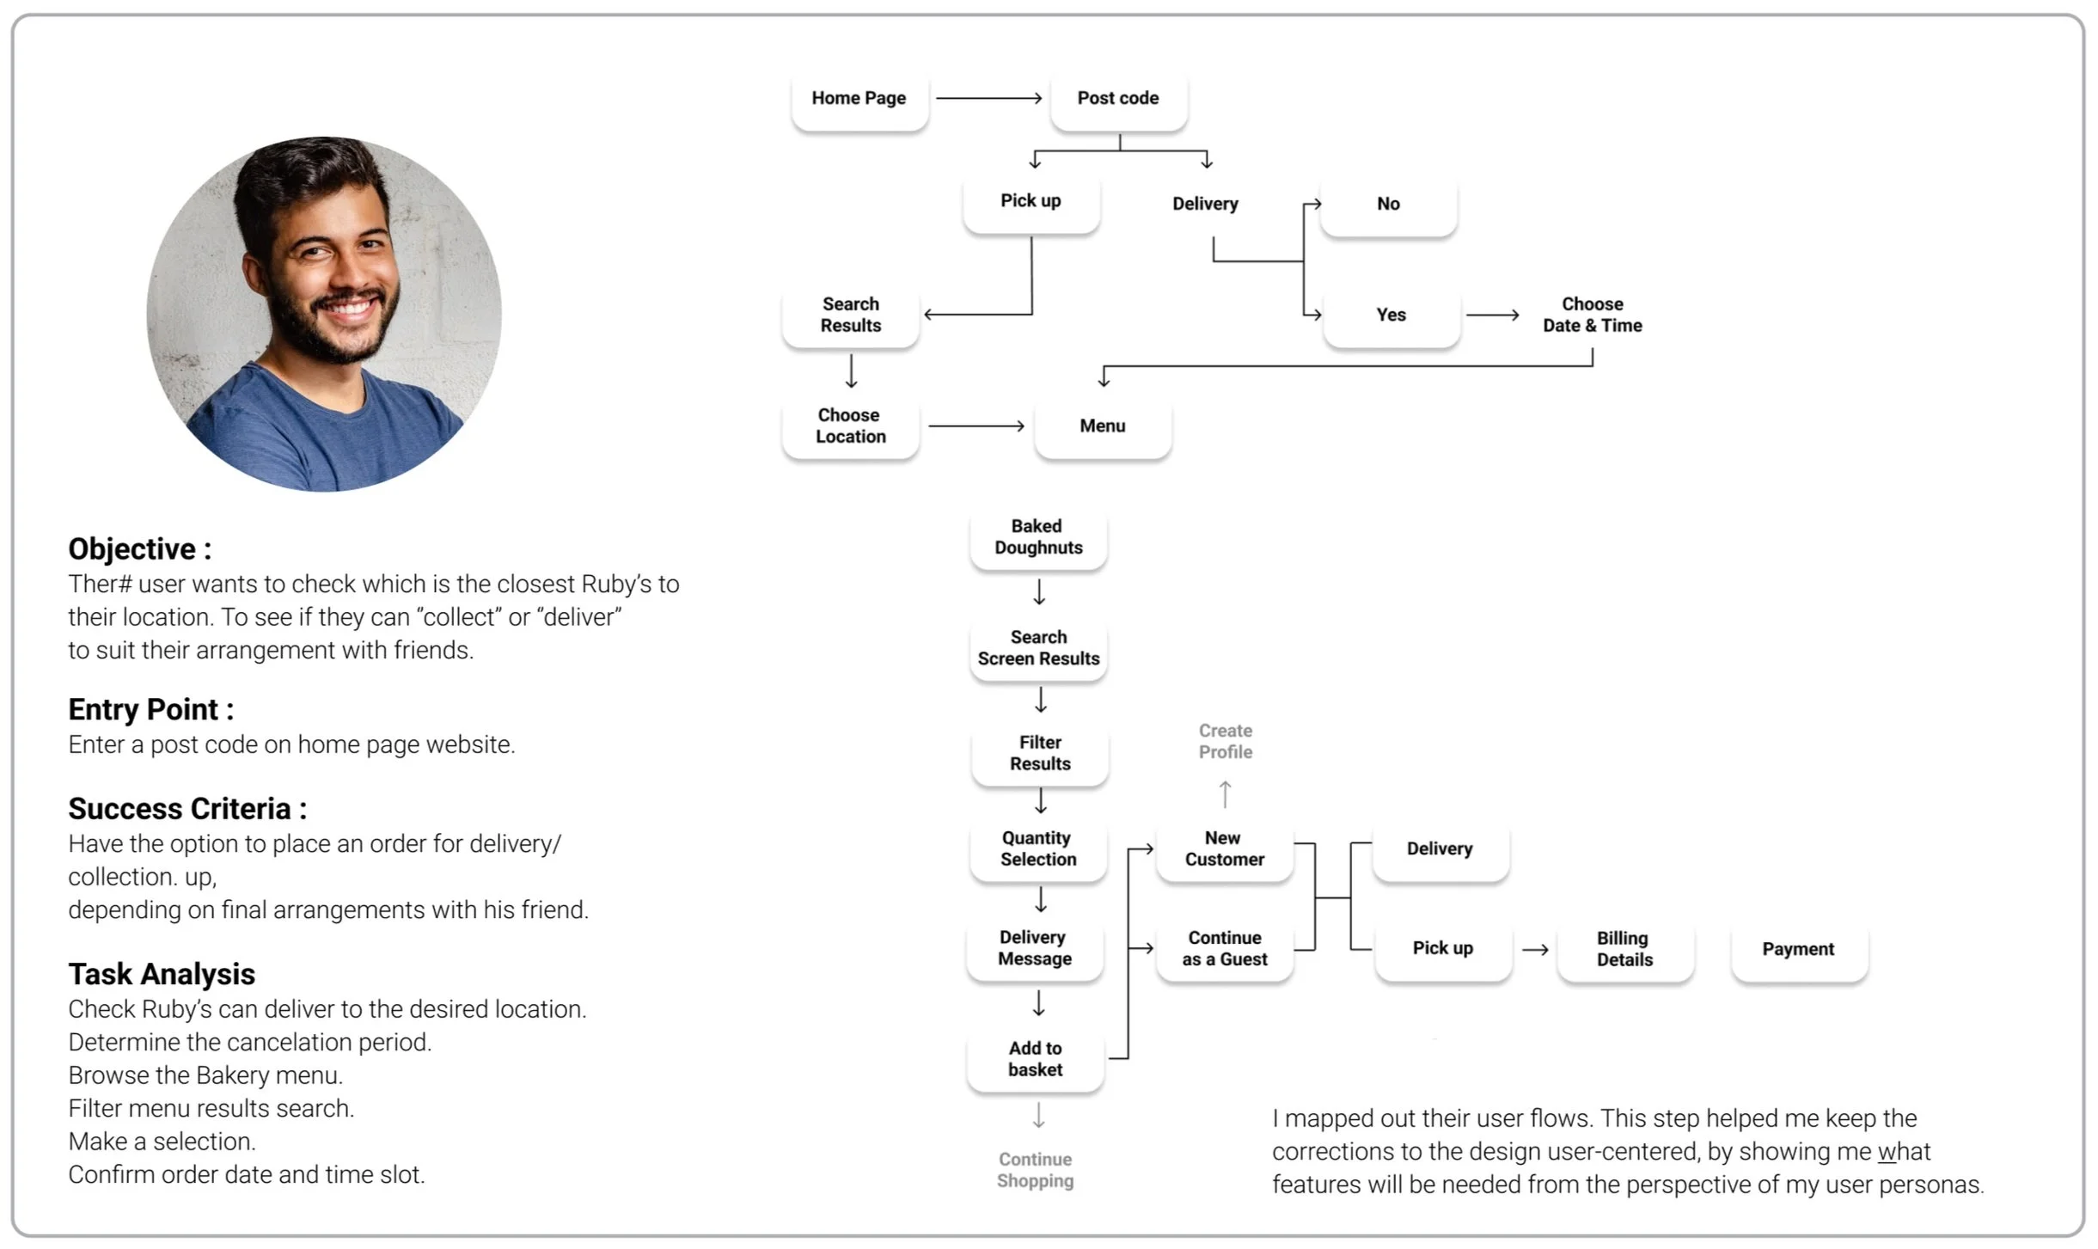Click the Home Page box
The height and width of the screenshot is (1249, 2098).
tap(859, 99)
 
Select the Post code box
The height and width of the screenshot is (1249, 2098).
tap(1118, 99)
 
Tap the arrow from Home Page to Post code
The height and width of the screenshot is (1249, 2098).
tap(988, 99)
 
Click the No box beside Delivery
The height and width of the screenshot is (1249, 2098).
tap(1388, 205)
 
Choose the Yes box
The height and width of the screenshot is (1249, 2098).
tap(1391, 315)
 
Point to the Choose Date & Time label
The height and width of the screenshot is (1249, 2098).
tap(1592, 315)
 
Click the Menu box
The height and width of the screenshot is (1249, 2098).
tap(1103, 426)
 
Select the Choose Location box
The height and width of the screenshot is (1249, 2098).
tap(850, 426)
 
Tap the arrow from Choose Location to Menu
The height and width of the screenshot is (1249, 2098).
tap(976, 426)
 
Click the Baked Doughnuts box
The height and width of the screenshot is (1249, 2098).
tap(1038, 537)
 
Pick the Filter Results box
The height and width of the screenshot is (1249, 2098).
tap(1040, 754)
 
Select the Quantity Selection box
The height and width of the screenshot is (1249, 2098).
tap(1038, 849)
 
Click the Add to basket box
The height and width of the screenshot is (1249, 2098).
tap(1036, 1059)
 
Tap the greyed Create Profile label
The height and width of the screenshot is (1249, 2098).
tap(1226, 742)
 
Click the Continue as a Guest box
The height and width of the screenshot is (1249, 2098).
tap(1225, 949)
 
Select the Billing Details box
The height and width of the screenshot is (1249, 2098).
tap(1624, 950)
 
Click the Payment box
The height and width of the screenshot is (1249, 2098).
tap(1798, 950)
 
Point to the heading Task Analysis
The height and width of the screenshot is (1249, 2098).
tap(162, 975)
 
